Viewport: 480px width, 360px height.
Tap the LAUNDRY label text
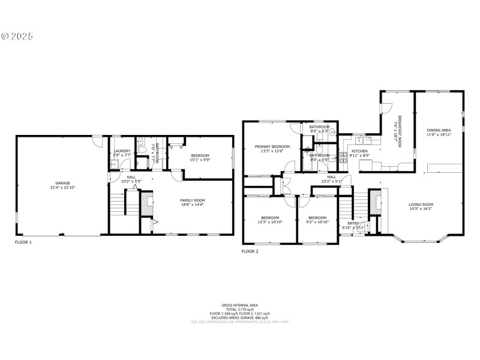click(x=122, y=151)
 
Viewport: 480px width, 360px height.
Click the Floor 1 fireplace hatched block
click(x=146, y=204)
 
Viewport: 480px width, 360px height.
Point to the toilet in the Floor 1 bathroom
click(x=140, y=143)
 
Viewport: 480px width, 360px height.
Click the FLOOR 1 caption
click(x=23, y=242)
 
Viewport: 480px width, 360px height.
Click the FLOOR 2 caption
click(x=250, y=251)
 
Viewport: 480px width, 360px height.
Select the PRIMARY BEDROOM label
click(x=272, y=146)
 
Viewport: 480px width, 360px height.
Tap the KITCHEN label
click(x=359, y=151)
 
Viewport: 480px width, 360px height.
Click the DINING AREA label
click(x=439, y=130)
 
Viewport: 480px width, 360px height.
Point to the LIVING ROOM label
click(x=421, y=204)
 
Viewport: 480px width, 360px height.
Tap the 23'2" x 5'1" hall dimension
click(x=331, y=181)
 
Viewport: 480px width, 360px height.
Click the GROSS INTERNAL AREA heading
click(x=240, y=305)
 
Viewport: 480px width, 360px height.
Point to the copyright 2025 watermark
click(x=17, y=35)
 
